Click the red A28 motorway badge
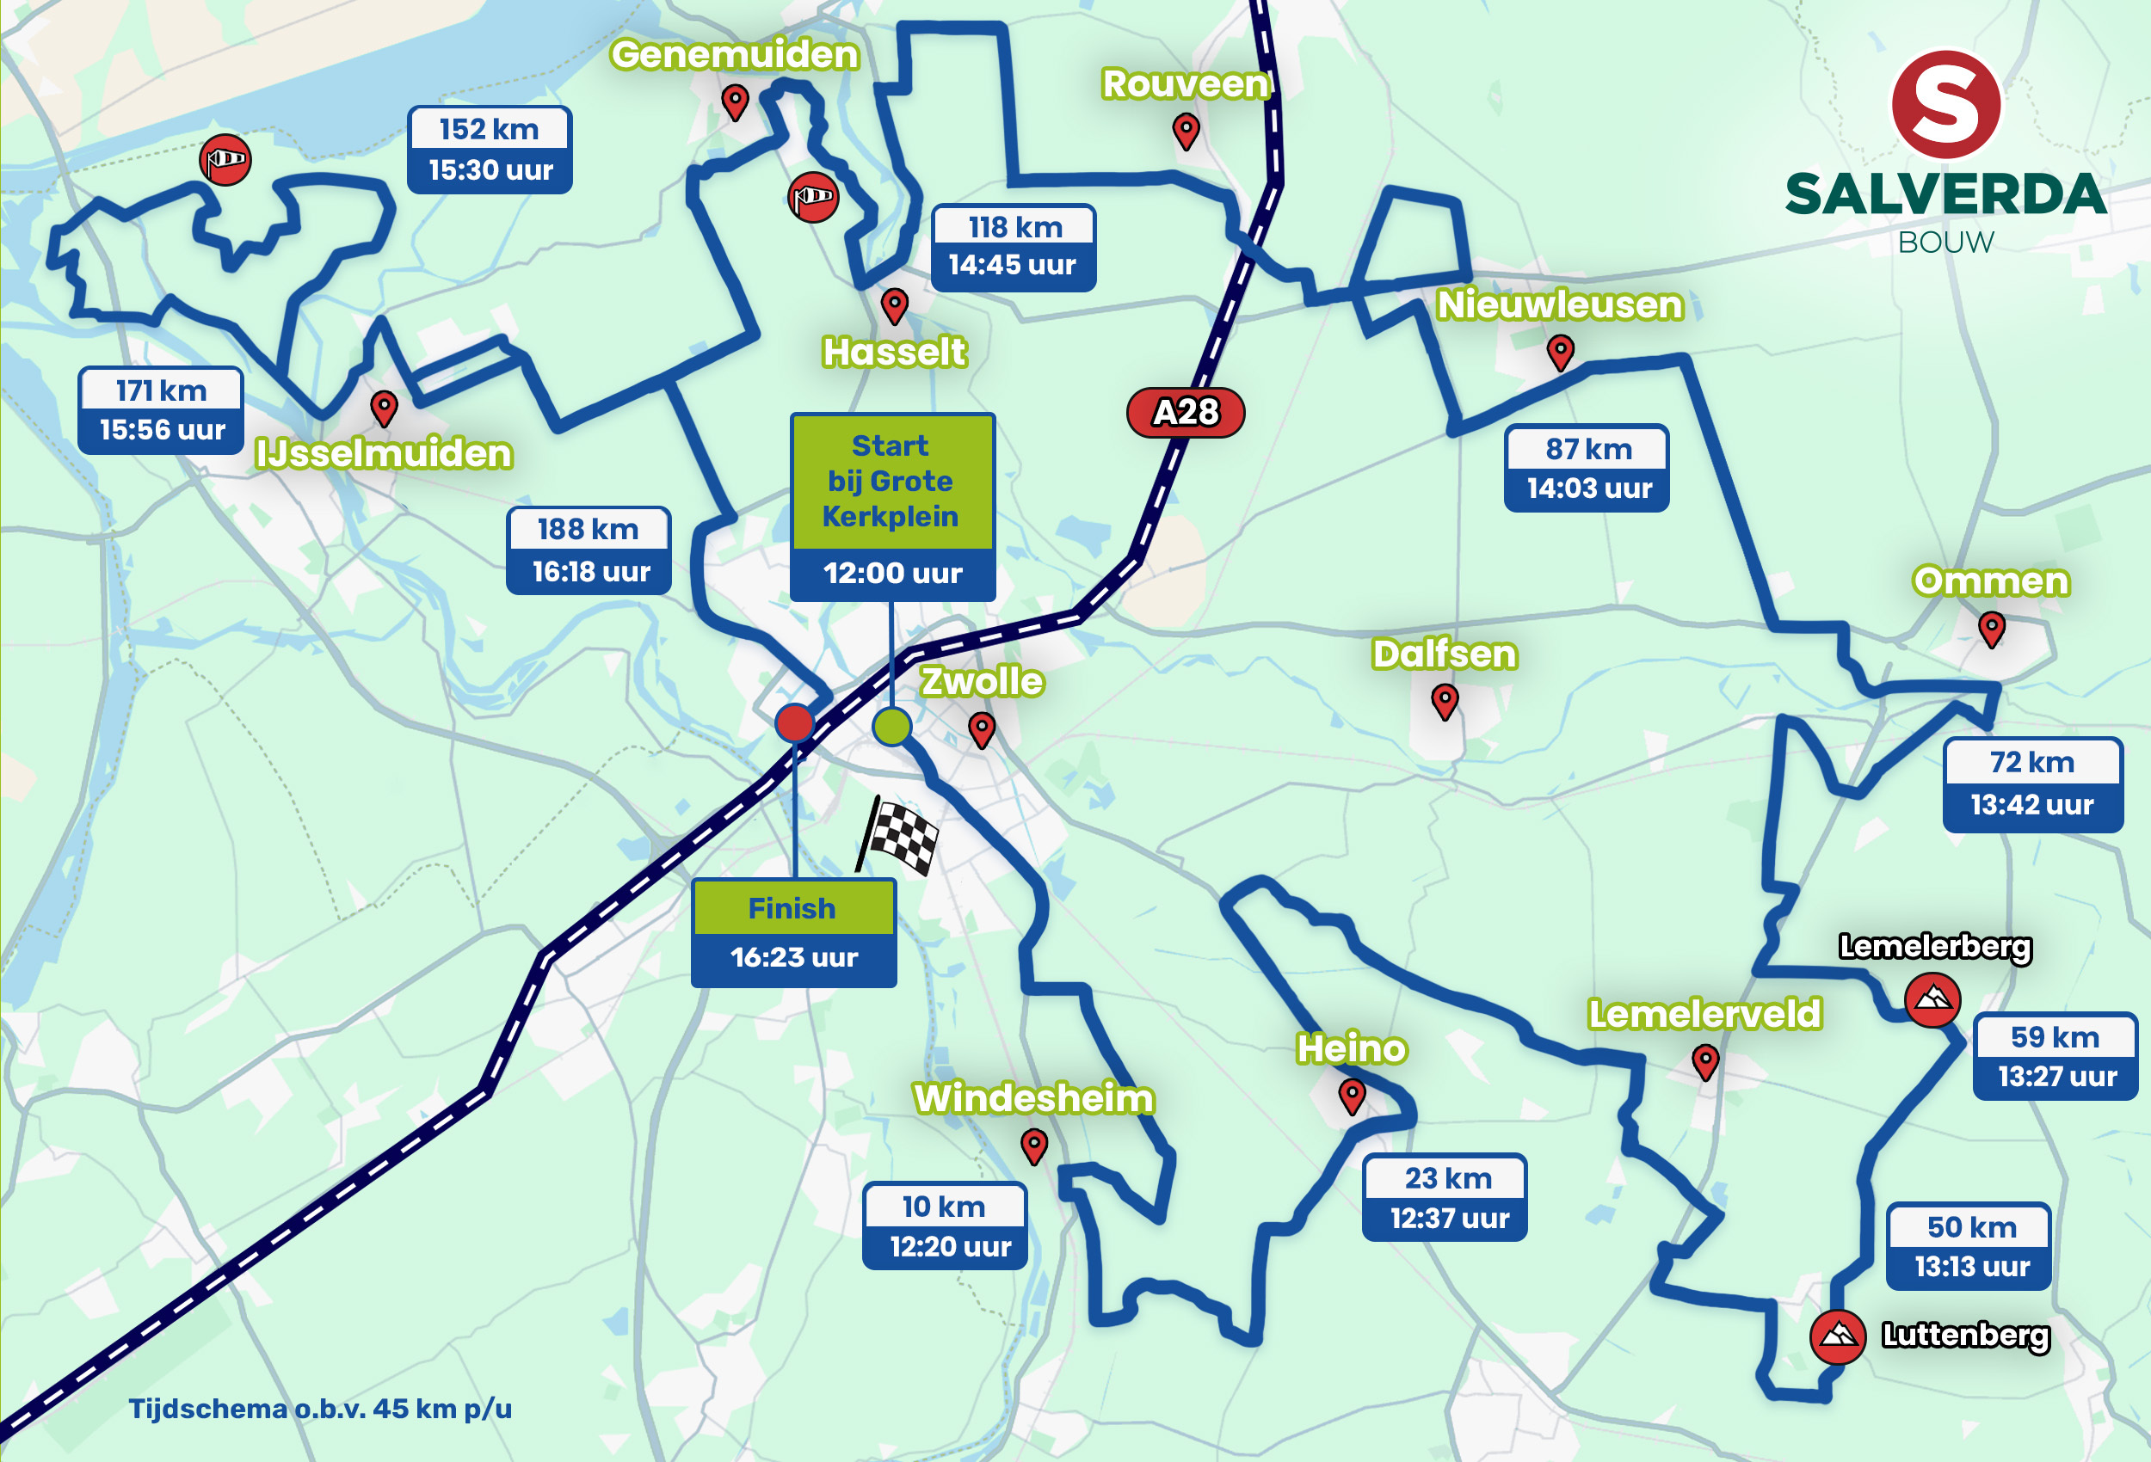(1185, 412)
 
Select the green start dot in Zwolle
(891, 727)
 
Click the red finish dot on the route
(794, 722)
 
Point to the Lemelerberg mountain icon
(1932, 999)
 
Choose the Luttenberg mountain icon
(1837, 1336)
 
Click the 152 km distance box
(489, 130)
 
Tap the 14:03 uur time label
(1588, 488)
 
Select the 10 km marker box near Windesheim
(944, 1207)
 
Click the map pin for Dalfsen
(1444, 700)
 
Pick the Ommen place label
(1990, 581)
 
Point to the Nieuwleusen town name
(1559, 305)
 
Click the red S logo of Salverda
(1945, 105)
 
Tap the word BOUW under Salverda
(1945, 243)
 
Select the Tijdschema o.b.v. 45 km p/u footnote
(319, 1409)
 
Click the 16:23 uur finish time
(794, 957)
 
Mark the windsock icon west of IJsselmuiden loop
(225, 159)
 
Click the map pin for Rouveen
(1186, 131)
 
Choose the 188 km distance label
(588, 529)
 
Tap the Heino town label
(1352, 1049)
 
